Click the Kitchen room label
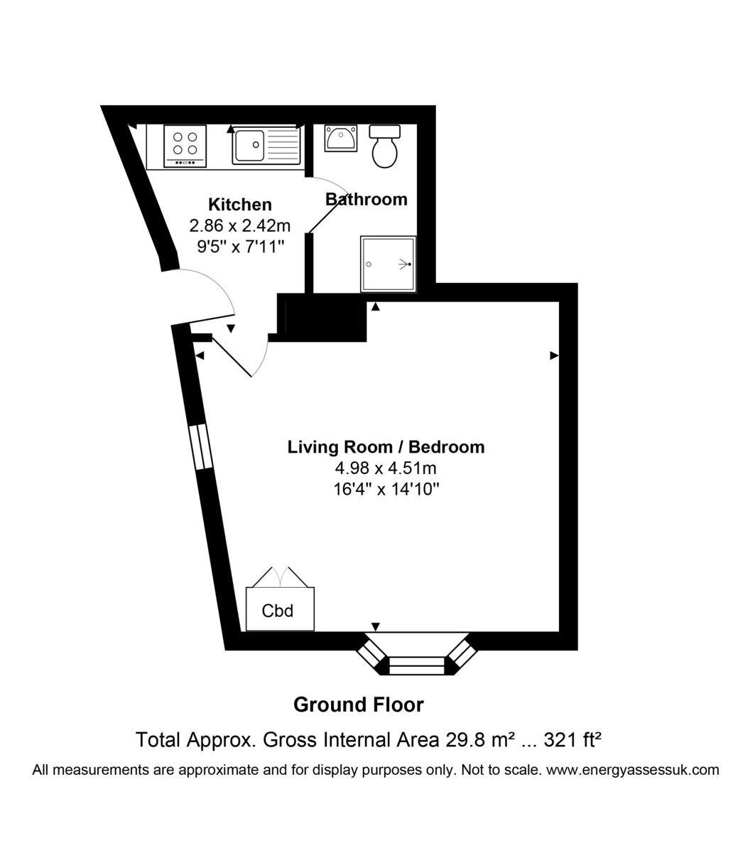pos(240,205)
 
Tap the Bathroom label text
pos(366,199)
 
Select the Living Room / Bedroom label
pos(386,446)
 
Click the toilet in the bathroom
pos(384,146)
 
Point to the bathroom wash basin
pos(341,138)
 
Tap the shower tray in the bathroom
pos(388,264)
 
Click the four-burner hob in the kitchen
pos(185,146)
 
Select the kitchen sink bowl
pos(249,145)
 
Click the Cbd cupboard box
pos(280,609)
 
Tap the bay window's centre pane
pos(416,666)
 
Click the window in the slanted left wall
pos(200,446)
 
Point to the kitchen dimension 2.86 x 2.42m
pos(240,225)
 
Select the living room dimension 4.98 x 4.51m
pos(386,468)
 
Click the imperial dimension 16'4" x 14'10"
pos(386,489)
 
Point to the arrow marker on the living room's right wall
pos(555,355)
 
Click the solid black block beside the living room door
pos(322,318)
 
